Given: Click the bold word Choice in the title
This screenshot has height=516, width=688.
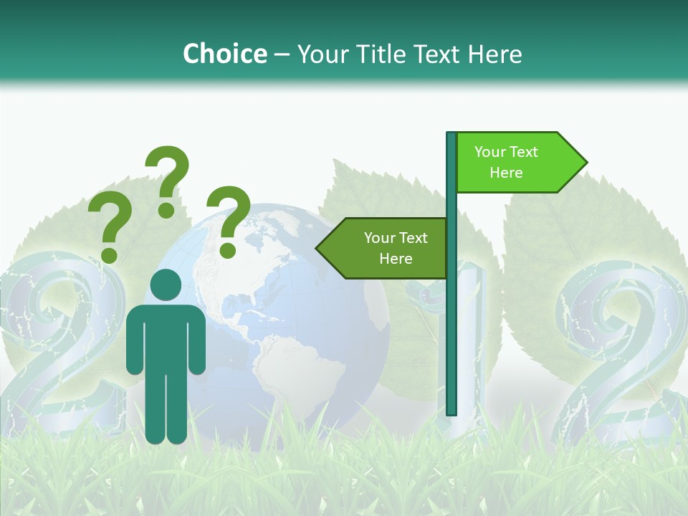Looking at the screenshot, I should coord(224,54).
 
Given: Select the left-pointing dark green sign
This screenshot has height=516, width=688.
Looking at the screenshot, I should coord(383,248).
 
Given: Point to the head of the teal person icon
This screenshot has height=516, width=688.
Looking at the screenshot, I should coord(166,285).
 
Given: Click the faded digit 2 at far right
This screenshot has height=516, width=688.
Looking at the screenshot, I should coord(620,358).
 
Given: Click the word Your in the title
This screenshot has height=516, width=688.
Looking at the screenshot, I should coord(320,54).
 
